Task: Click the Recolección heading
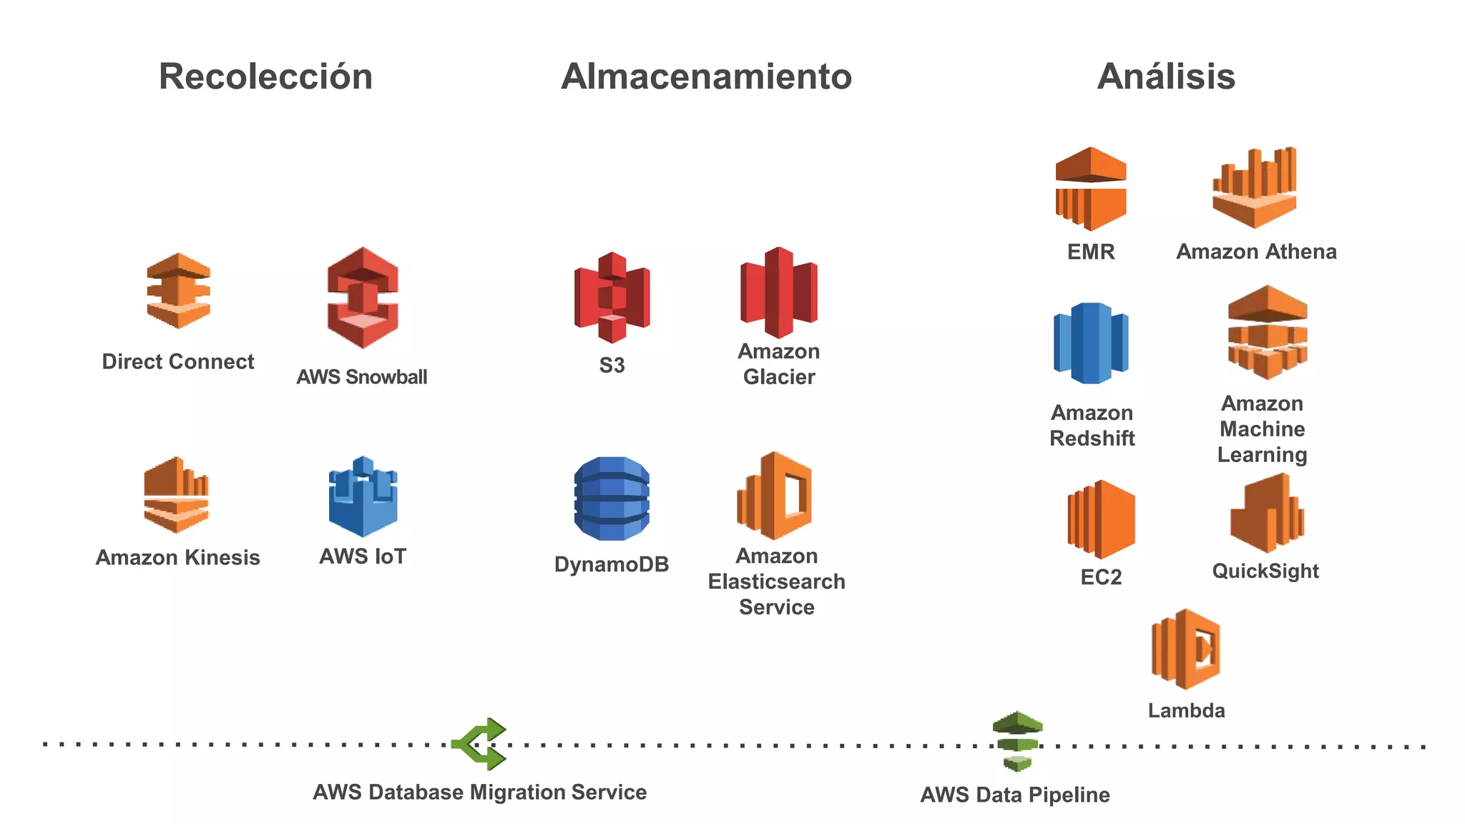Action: coord(265,77)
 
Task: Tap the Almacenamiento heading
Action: coord(706,77)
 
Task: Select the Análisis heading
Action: coord(1166,77)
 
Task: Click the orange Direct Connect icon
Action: coord(178,290)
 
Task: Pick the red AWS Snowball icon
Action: coord(363,298)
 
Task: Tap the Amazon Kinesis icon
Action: coord(176,495)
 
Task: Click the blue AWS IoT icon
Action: coord(363,496)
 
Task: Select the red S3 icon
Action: coord(612,297)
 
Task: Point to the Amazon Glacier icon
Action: coord(778,293)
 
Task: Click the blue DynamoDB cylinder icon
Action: coord(612,498)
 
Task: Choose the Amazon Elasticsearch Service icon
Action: coord(775,495)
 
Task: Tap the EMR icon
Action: coord(1090,189)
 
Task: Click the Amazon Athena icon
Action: coord(1254,188)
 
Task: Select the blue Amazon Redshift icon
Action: coord(1091,343)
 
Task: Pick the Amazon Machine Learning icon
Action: coord(1267,332)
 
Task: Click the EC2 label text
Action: coord(1101,577)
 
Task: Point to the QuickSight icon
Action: coord(1266,514)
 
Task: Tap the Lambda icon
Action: coord(1186,649)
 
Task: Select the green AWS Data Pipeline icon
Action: coord(1016,741)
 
